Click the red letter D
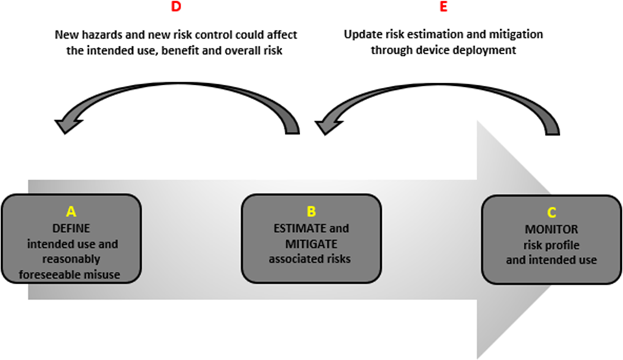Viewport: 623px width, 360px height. (176, 6)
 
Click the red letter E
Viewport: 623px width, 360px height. (443, 6)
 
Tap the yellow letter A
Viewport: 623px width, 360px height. (71, 212)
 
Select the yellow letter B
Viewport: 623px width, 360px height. (311, 212)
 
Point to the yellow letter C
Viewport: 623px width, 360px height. (552, 213)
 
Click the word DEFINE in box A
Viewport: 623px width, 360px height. (71, 229)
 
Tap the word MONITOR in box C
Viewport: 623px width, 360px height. (552, 229)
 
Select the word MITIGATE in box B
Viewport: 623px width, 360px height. (311, 244)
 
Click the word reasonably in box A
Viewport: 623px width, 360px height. (71, 259)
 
